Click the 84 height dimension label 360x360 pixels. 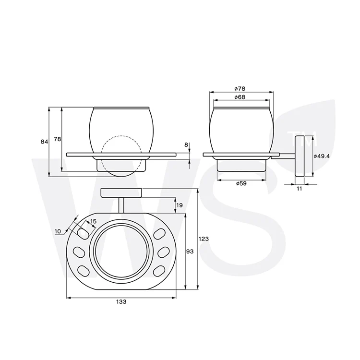(44, 142)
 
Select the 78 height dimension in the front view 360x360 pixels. (58, 139)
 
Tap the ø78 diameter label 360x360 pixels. (240, 88)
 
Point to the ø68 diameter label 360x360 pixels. (240, 97)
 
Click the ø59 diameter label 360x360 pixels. (241, 183)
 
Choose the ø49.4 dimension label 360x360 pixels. (322, 156)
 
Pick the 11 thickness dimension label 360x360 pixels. (300, 189)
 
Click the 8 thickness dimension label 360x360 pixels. (186, 144)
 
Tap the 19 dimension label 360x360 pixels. (180, 205)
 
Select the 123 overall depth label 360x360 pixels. (204, 239)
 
